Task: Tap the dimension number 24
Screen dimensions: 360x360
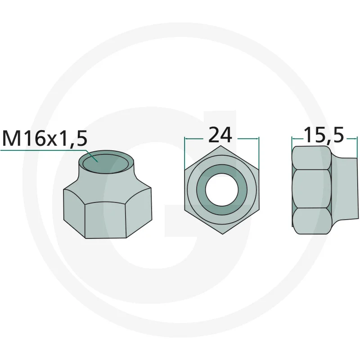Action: (220, 135)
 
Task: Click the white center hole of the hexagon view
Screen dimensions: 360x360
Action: (222, 189)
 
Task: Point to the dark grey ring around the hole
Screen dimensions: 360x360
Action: (222, 169)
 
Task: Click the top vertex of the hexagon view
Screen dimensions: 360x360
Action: (220, 146)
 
